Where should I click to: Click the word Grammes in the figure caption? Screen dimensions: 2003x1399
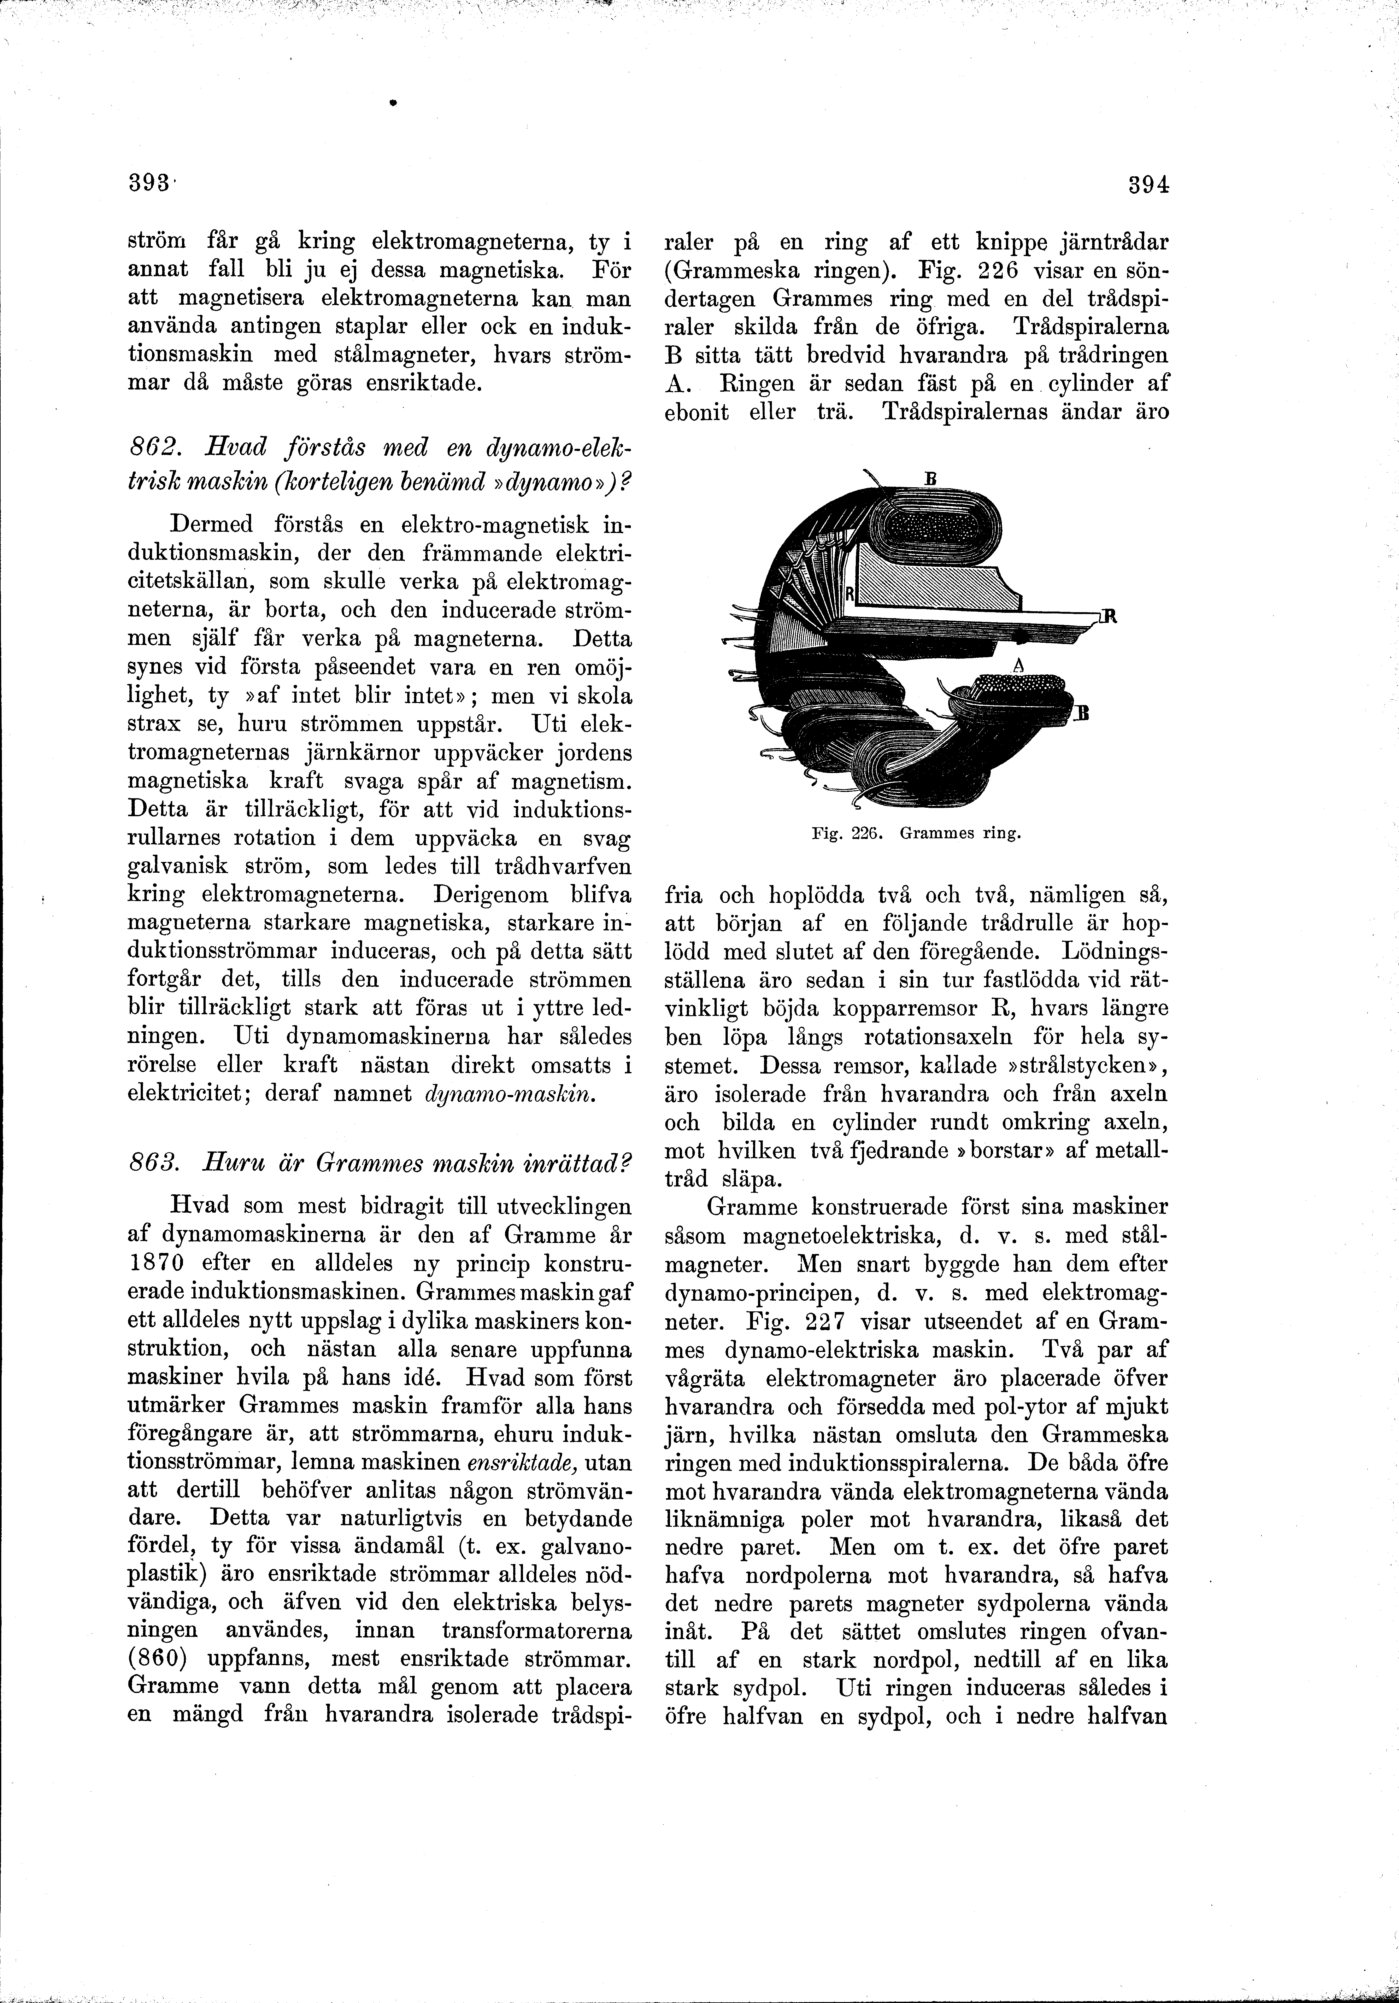point(931,833)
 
